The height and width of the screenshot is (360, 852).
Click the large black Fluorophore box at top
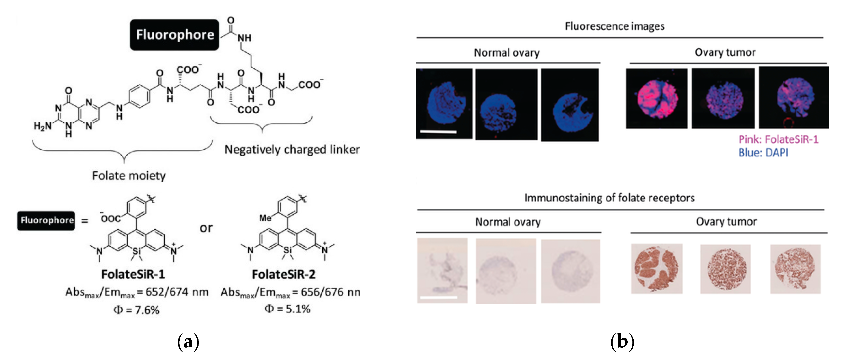tap(175, 35)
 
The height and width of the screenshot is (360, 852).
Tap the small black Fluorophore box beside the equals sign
tap(46, 220)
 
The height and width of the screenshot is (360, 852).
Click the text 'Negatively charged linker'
tap(292, 150)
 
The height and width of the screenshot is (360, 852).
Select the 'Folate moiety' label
tap(129, 175)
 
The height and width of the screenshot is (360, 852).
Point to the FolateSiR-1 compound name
tap(133, 274)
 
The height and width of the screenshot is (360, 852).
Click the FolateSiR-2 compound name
tap(283, 274)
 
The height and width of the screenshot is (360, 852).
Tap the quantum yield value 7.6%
tap(137, 310)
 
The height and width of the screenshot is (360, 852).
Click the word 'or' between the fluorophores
tap(206, 228)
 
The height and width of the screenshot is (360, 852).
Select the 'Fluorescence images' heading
tap(615, 26)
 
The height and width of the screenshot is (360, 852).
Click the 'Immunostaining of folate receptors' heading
tap(609, 198)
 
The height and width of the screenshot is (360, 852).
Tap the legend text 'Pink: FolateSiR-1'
tap(778, 139)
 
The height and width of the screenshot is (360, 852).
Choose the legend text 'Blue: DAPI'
tap(763, 153)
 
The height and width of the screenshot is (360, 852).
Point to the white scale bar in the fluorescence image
tap(438, 132)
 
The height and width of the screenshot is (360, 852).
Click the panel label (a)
tap(188, 342)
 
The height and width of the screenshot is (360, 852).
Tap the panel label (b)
tap(622, 342)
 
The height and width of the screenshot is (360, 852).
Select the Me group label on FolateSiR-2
tap(265, 218)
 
